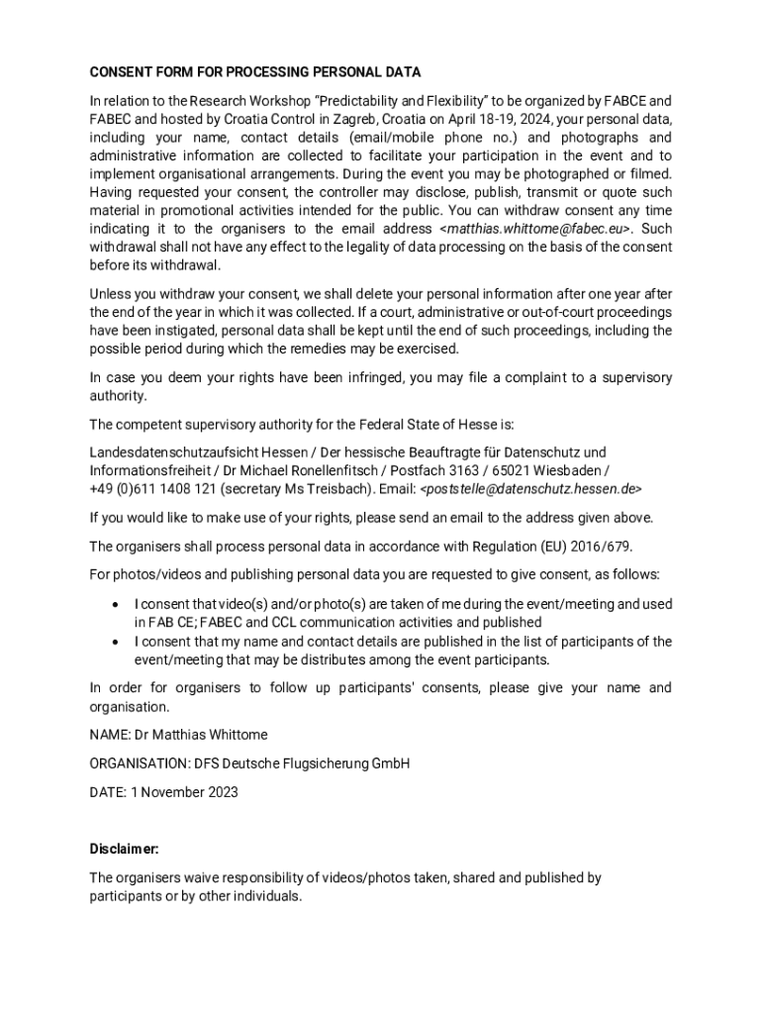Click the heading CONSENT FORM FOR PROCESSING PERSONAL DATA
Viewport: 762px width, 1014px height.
pyautogui.click(x=255, y=72)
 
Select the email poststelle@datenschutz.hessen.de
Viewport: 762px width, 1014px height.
pyautogui.click(x=531, y=489)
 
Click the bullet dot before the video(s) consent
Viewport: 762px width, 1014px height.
pyautogui.click(x=116, y=604)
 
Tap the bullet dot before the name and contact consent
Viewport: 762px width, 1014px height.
pyautogui.click(x=116, y=642)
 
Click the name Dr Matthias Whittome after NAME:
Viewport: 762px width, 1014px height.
pyautogui.click(x=203, y=735)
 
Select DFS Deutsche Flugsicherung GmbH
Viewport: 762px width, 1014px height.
pyautogui.click(x=302, y=763)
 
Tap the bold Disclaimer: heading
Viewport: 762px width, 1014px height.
pyautogui.click(x=124, y=850)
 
